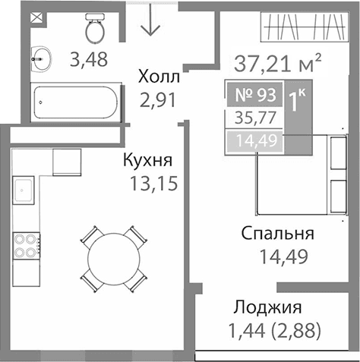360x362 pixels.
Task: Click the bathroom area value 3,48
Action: tap(88, 58)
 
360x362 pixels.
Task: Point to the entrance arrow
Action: tap(150, 20)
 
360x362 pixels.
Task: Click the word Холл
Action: tap(159, 77)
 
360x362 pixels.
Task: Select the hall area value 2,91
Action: tap(159, 99)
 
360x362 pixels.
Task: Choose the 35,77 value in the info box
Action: tap(253, 118)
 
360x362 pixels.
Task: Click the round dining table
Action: tap(113, 257)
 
